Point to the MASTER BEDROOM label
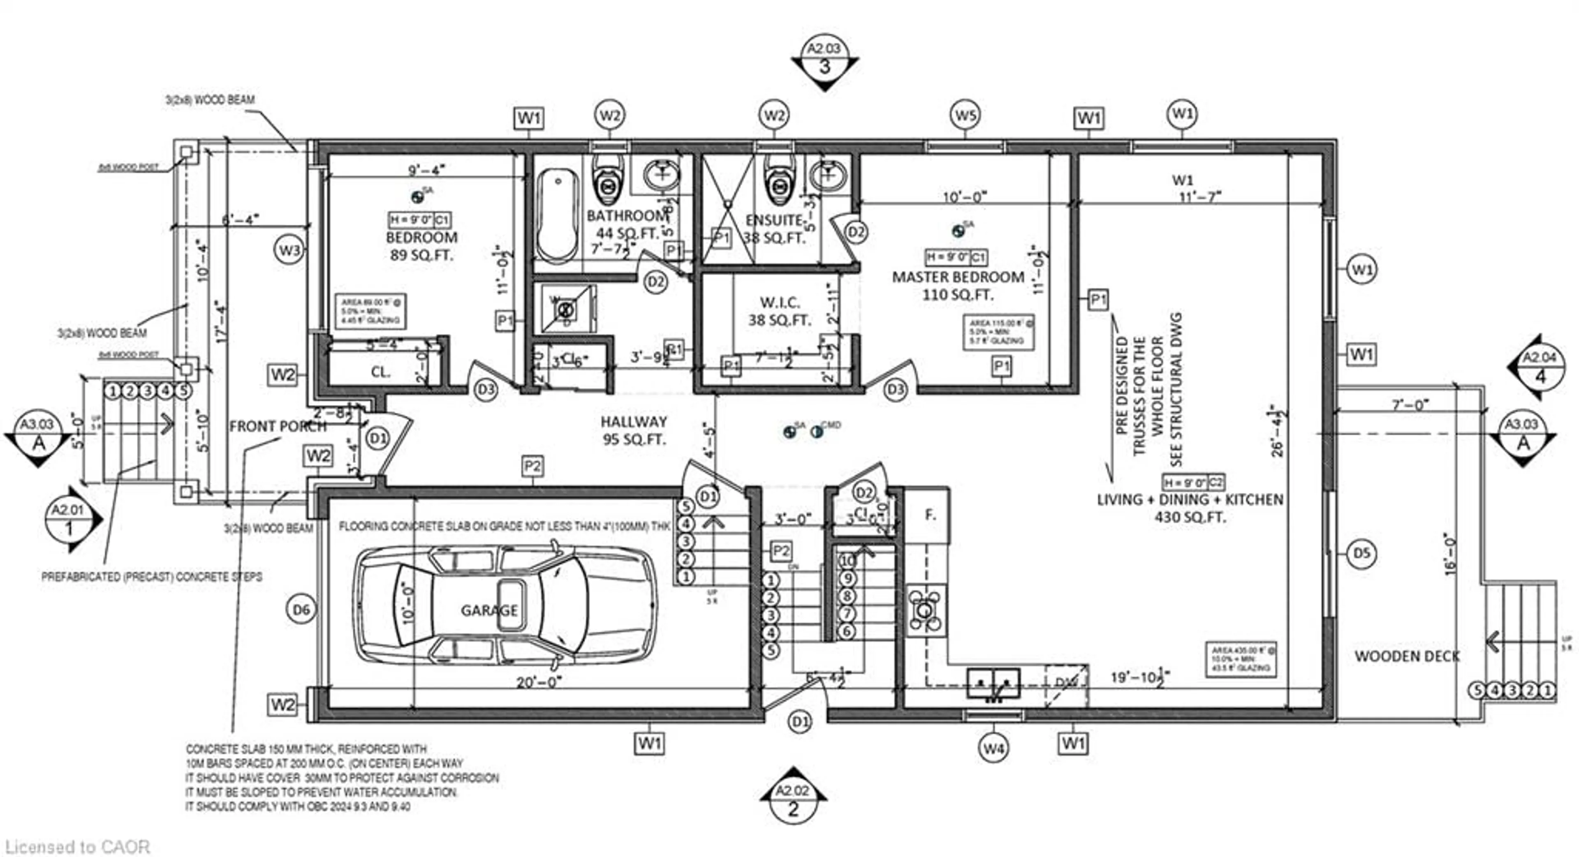click(957, 277)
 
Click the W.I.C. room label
click(780, 303)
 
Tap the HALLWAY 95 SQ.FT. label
click(634, 430)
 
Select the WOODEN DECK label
click(1407, 656)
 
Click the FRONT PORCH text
click(277, 426)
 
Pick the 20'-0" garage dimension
click(538, 682)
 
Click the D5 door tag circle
click(1361, 554)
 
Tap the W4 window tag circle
click(993, 748)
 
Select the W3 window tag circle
click(289, 250)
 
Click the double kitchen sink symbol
click(993, 684)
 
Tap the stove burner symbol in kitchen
click(926, 610)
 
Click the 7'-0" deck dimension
click(1410, 405)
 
